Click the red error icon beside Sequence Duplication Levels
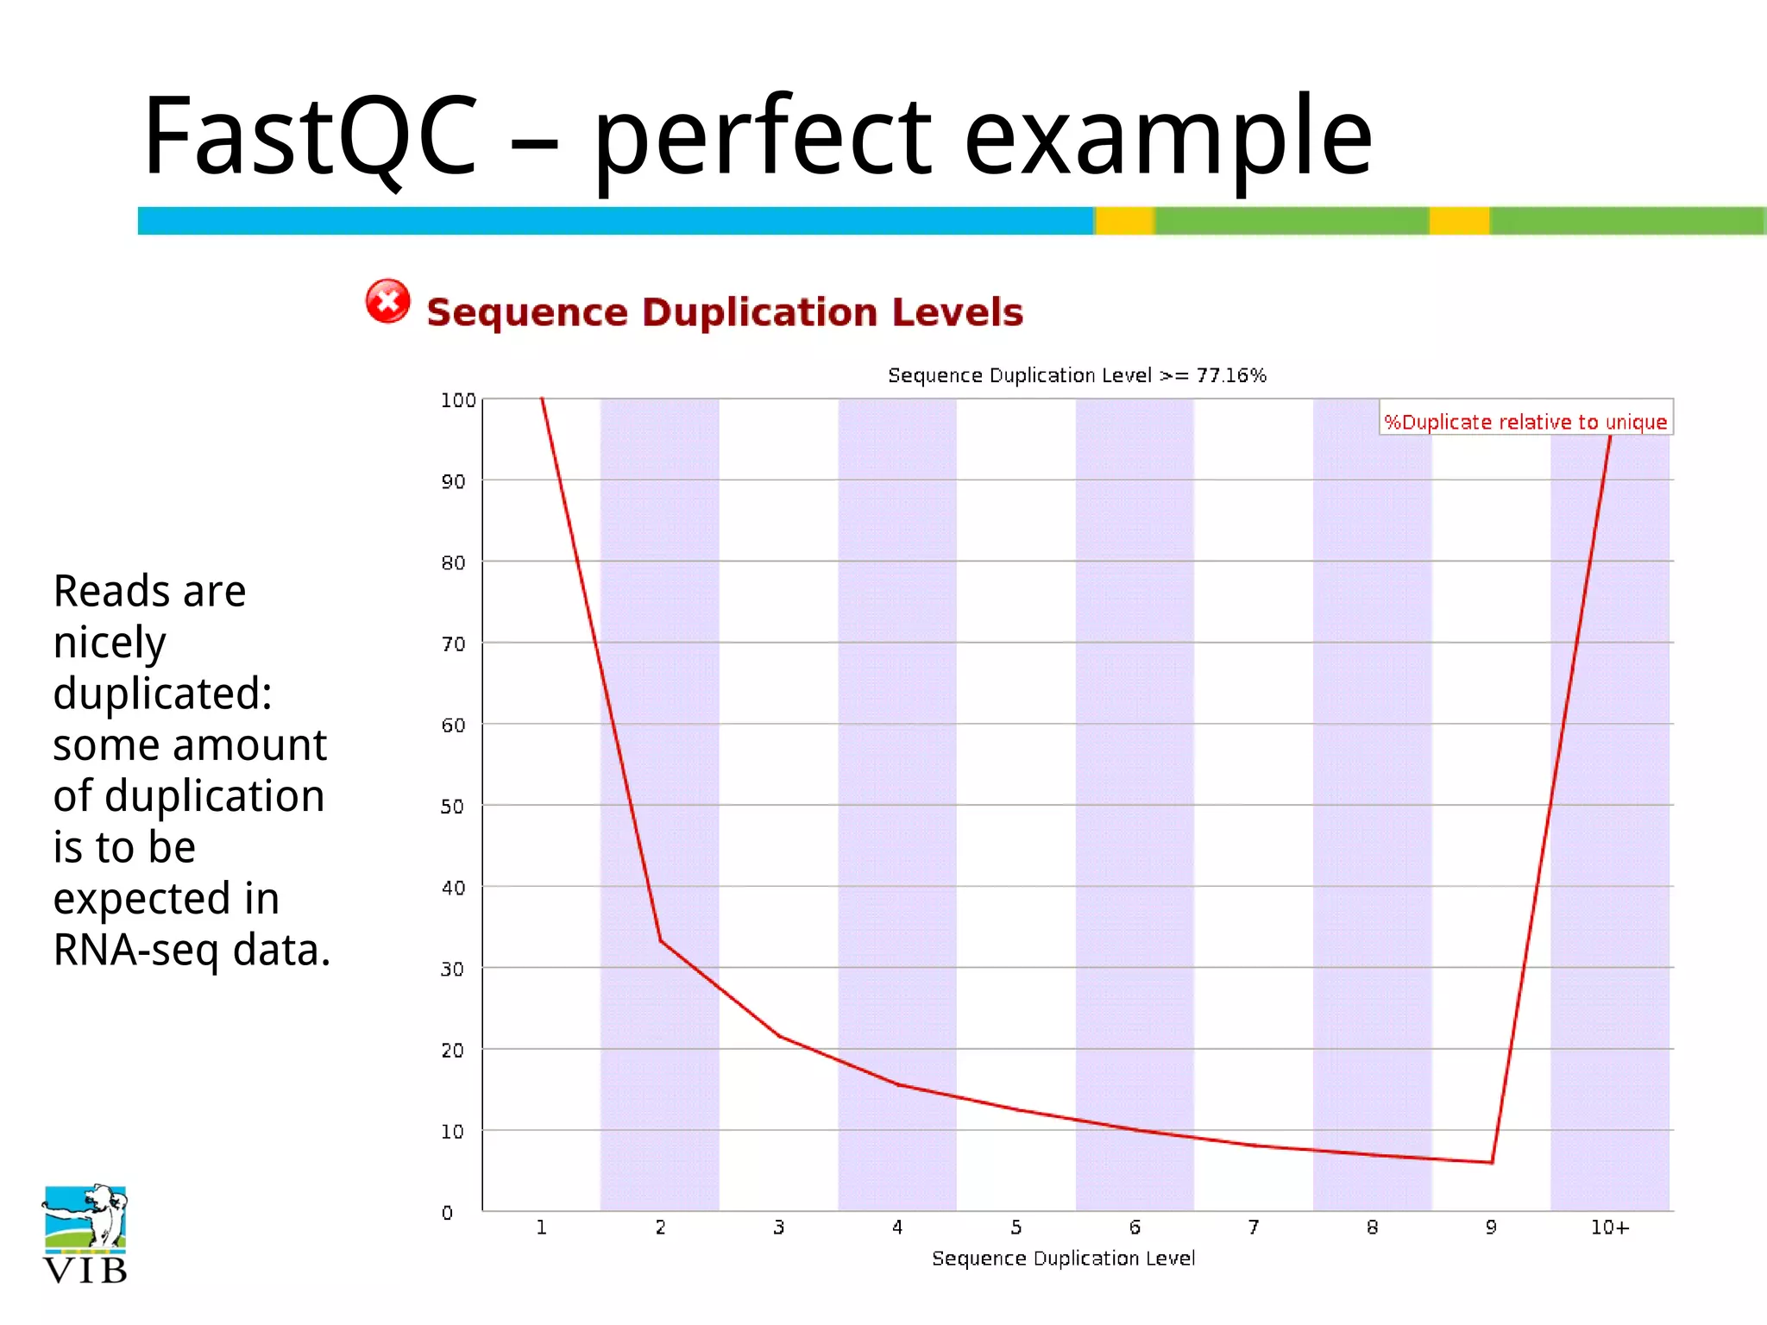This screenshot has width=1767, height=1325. point(387,302)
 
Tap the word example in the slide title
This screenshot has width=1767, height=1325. point(1166,138)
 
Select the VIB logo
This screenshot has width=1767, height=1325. point(85,1234)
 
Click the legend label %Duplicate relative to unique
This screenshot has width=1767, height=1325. point(1525,422)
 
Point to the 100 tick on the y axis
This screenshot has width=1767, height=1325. point(457,400)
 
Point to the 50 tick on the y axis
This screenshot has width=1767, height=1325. point(452,807)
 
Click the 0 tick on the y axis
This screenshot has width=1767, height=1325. point(447,1213)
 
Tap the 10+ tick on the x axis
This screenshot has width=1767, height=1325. point(1609,1228)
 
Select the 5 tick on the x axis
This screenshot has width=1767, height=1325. point(1016,1228)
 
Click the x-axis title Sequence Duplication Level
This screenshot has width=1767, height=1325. point(1063,1259)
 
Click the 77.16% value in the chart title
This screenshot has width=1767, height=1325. point(1230,375)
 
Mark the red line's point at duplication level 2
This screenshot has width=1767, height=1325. point(660,940)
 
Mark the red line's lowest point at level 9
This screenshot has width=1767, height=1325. point(1492,1162)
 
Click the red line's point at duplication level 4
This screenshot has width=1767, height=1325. point(897,1084)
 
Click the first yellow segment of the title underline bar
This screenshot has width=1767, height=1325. point(1125,221)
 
